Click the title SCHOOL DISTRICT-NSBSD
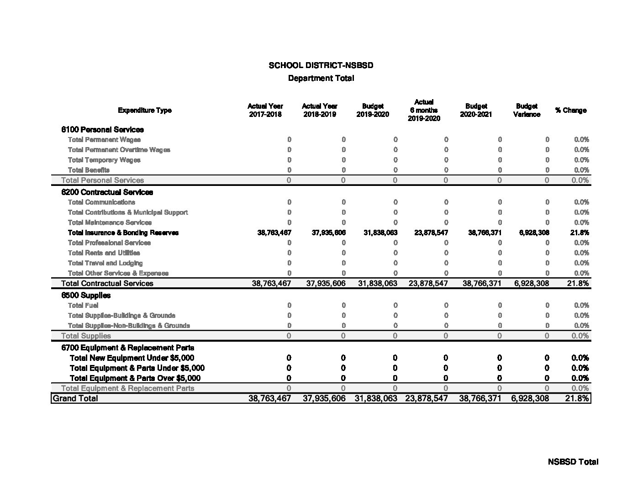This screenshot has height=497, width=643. [321, 65]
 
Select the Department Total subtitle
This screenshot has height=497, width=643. [321, 78]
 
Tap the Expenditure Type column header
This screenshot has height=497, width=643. [145, 110]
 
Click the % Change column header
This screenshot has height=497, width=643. [570, 110]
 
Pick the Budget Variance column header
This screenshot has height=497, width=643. [527, 110]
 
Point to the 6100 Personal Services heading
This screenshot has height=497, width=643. [102, 130]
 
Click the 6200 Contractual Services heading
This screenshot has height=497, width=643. [107, 192]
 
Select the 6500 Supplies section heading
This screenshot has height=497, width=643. [86, 295]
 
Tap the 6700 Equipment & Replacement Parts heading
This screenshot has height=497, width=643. [127, 348]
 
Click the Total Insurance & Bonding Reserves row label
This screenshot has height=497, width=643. [123, 233]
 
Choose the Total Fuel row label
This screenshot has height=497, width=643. [83, 305]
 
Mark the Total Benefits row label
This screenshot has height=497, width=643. [89, 170]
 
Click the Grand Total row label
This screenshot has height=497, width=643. [75, 398]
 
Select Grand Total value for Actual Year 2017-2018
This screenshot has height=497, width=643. [269, 398]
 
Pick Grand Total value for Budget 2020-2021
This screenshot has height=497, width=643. [480, 398]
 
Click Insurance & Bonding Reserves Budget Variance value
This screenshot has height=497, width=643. [532, 233]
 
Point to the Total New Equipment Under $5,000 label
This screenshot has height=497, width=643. [132, 358]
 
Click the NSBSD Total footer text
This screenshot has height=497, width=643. [573, 462]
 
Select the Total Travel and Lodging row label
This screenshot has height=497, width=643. [105, 263]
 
